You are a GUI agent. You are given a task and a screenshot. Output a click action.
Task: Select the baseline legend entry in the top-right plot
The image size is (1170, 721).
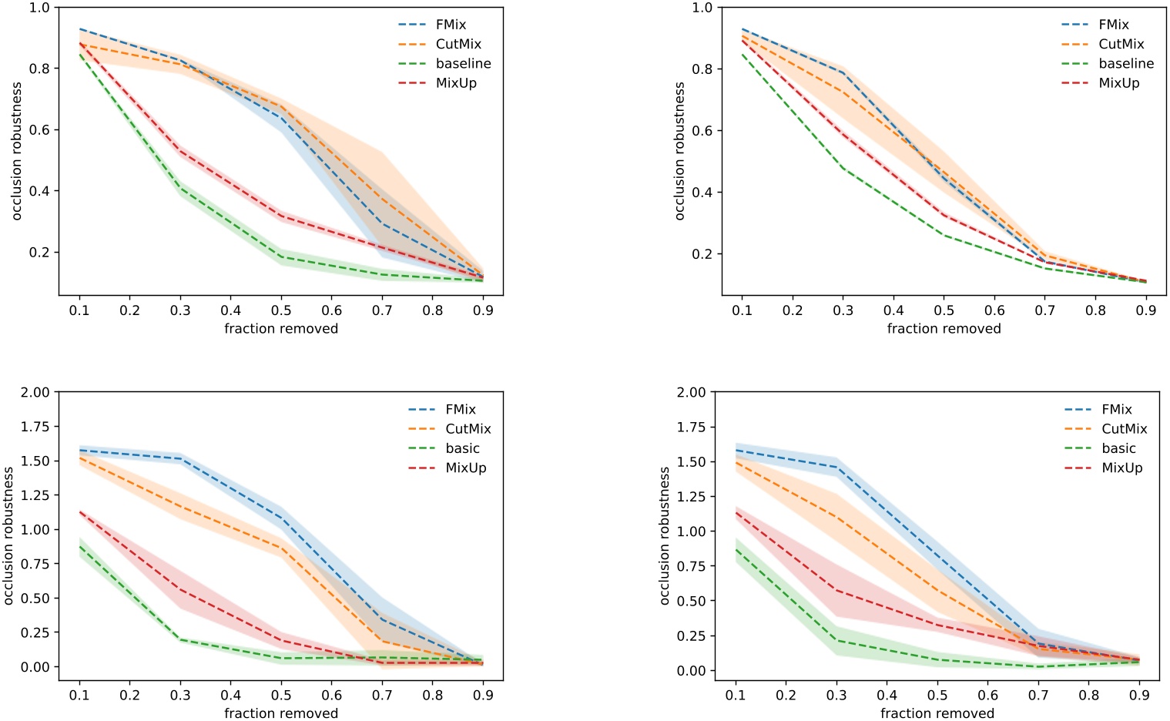1125,64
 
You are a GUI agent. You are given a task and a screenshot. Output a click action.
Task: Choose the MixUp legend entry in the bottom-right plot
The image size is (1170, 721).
1121,468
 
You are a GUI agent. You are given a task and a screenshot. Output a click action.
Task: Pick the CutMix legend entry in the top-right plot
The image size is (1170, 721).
1121,44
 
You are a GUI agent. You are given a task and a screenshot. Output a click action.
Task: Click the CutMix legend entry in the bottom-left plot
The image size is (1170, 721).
468,429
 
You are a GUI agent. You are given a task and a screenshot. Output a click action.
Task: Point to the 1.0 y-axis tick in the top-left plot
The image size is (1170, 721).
39,8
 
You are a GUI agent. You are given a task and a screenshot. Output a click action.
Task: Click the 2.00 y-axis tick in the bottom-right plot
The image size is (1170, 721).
691,392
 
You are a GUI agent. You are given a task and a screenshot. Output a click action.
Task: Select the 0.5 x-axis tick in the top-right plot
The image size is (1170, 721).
944,310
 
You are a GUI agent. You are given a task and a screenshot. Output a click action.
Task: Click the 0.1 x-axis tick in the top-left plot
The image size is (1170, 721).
79,310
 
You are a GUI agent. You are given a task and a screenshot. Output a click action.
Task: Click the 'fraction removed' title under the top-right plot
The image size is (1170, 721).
944,329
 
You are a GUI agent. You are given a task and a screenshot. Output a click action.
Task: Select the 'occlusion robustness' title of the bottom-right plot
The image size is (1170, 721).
665,535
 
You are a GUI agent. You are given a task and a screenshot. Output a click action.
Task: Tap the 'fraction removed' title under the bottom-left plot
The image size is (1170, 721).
281,713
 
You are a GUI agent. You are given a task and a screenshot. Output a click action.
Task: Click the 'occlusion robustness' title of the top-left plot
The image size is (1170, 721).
16,151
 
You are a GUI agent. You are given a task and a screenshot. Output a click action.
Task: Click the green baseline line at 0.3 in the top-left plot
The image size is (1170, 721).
180,187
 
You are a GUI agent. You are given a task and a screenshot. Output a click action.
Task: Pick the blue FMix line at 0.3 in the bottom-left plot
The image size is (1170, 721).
180,459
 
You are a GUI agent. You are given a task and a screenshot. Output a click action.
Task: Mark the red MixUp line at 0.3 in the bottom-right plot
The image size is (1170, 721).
836,591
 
